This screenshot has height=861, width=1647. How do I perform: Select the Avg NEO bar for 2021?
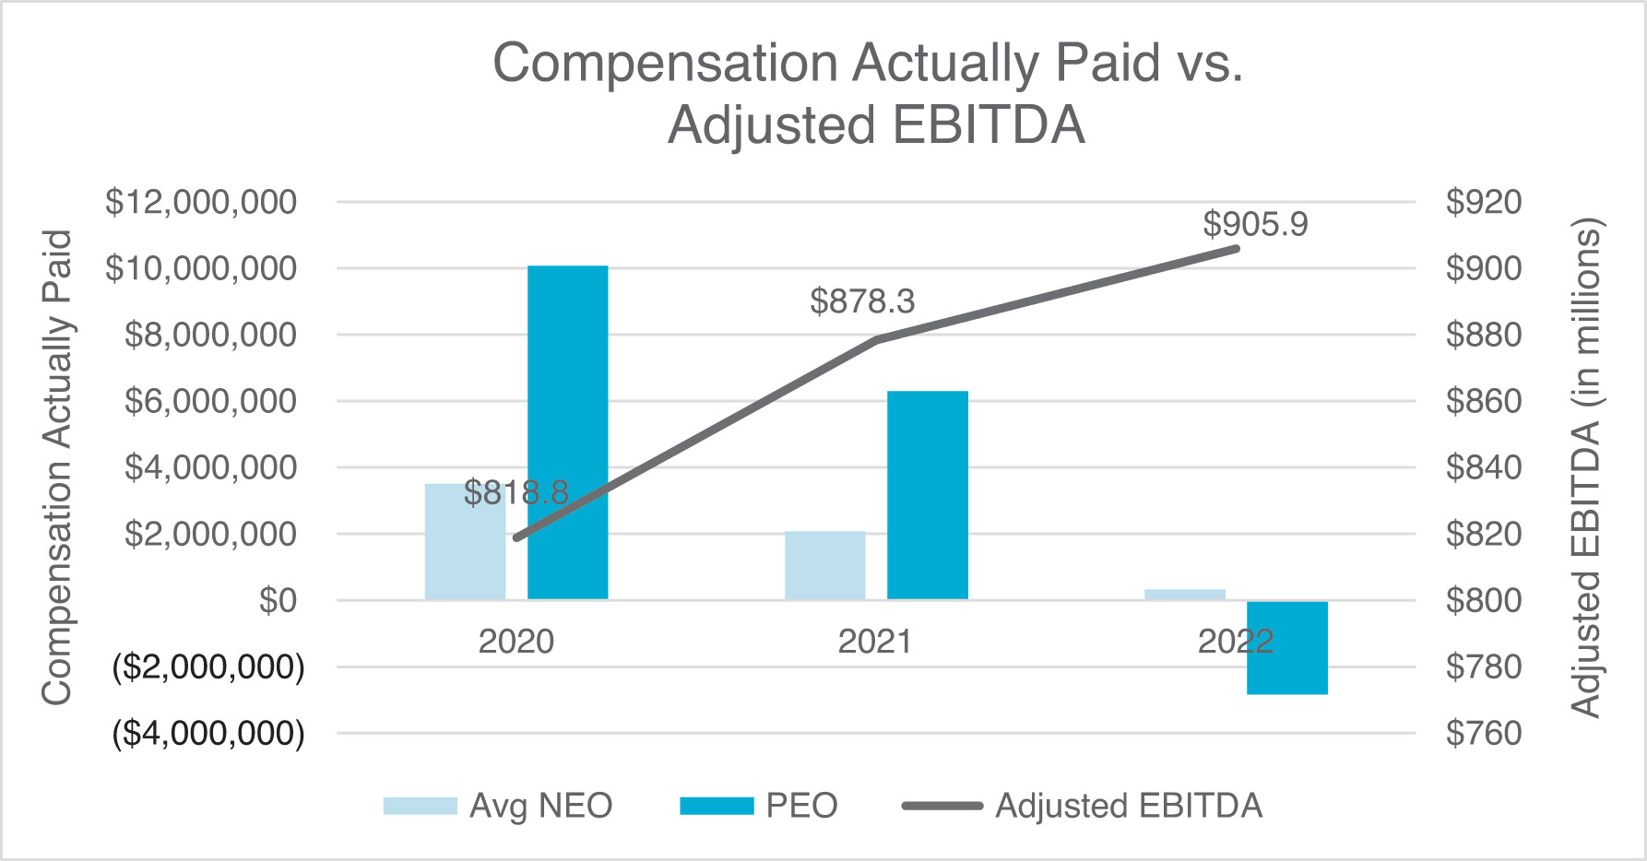pyautogui.click(x=824, y=565)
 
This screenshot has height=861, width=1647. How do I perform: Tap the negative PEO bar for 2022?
pyautogui.click(x=1286, y=647)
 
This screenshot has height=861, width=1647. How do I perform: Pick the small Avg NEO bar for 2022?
pyautogui.click(x=1184, y=595)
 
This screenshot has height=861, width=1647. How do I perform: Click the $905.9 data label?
pyautogui.click(x=1255, y=224)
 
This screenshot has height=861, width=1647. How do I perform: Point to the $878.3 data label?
pyautogui.click(x=862, y=301)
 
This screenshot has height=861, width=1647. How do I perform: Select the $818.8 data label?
pyautogui.click(x=515, y=493)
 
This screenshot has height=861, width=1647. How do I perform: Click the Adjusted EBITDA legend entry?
pyautogui.click(x=1083, y=806)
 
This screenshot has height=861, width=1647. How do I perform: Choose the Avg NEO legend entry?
pyautogui.click(x=498, y=806)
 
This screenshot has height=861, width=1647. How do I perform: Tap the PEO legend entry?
pyautogui.click(x=758, y=806)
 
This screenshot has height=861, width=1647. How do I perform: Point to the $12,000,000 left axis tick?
pyautogui.click(x=201, y=202)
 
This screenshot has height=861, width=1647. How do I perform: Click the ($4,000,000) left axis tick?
pyautogui.click(x=208, y=734)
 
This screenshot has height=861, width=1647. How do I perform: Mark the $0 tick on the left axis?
pyautogui.click(x=278, y=601)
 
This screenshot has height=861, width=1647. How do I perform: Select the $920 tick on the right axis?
pyautogui.click(x=1483, y=202)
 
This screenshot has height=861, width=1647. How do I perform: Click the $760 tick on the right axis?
pyautogui.click(x=1483, y=734)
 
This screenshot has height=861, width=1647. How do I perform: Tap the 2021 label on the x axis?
pyautogui.click(x=874, y=642)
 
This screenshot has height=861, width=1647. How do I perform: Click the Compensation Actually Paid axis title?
pyautogui.click(x=57, y=467)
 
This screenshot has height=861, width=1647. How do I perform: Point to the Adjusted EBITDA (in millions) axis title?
pyautogui.click(x=1586, y=467)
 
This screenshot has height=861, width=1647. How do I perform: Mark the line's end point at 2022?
pyautogui.click(x=1236, y=248)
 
